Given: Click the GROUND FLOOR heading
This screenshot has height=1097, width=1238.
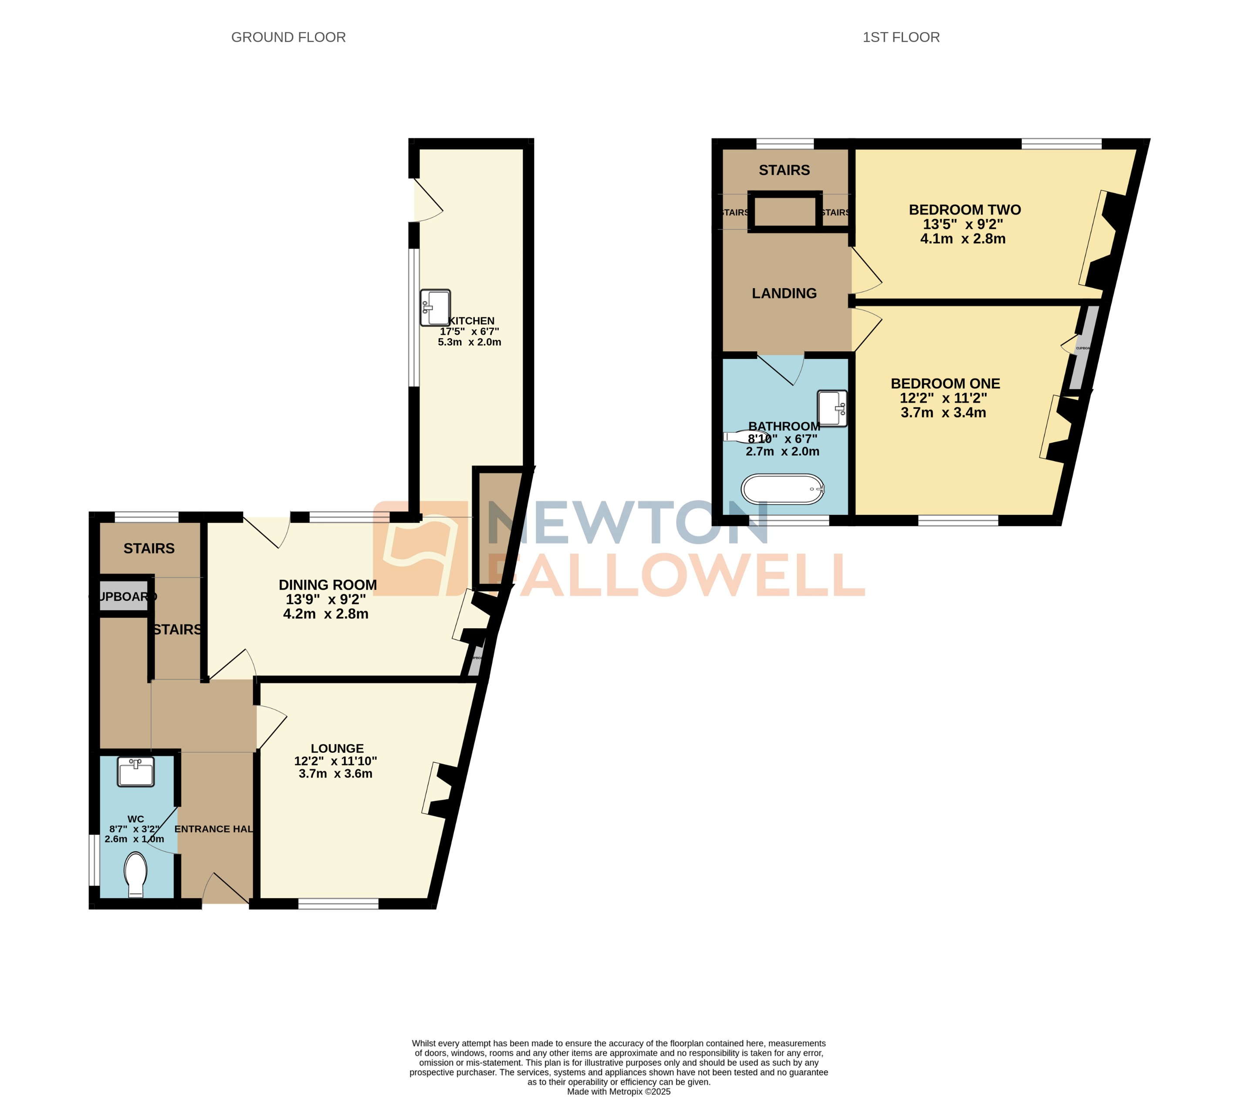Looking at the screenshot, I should (288, 37).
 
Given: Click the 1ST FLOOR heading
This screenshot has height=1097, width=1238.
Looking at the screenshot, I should (901, 37).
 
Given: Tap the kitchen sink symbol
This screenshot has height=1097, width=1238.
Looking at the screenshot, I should (435, 307).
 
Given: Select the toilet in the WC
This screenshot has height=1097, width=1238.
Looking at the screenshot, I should (135, 874).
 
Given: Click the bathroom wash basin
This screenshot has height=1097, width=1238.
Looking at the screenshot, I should (832, 409).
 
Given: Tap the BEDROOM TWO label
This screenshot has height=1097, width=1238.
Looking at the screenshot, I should (964, 210).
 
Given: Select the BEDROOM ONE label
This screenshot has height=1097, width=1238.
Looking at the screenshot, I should (945, 384).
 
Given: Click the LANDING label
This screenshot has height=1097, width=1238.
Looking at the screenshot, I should (784, 294).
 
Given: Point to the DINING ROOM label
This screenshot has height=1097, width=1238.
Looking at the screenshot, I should (328, 585).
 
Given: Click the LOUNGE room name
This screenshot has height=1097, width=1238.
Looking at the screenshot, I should (337, 749).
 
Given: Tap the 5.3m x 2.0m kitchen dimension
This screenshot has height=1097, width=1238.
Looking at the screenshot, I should (470, 342).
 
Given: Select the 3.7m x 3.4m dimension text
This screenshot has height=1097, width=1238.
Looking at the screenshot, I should (943, 413).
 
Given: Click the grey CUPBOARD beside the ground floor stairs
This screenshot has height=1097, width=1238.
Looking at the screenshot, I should (124, 597).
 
